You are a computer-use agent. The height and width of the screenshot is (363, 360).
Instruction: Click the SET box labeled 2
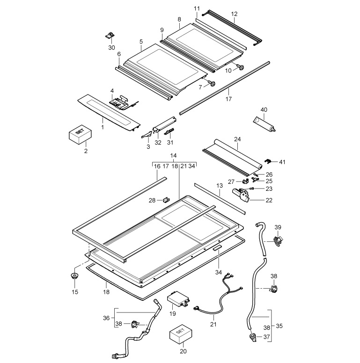[80, 135]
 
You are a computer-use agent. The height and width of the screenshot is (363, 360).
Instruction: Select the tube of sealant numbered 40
[264, 124]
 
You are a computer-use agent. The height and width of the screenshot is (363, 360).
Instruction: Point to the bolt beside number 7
[212, 83]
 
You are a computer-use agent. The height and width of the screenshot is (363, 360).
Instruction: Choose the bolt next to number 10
[240, 67]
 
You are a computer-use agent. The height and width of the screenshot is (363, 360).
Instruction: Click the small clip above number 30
[110, 36]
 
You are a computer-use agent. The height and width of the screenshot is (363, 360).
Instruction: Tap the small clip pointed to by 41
[268, 161]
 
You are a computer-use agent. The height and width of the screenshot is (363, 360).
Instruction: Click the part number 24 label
[237, 139]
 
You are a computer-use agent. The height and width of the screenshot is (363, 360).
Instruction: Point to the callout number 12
[234, 14]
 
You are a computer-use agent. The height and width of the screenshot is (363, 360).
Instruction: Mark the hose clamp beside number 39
[278, 240]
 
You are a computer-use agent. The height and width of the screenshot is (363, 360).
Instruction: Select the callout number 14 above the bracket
[173, 156]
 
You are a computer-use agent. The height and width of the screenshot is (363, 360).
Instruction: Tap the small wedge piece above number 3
[147, 135]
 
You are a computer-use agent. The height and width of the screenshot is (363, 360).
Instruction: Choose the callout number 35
[279, 326]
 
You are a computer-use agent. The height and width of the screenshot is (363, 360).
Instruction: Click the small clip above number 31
[169, 132]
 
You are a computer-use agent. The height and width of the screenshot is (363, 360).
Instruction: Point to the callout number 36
[106, 318]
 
